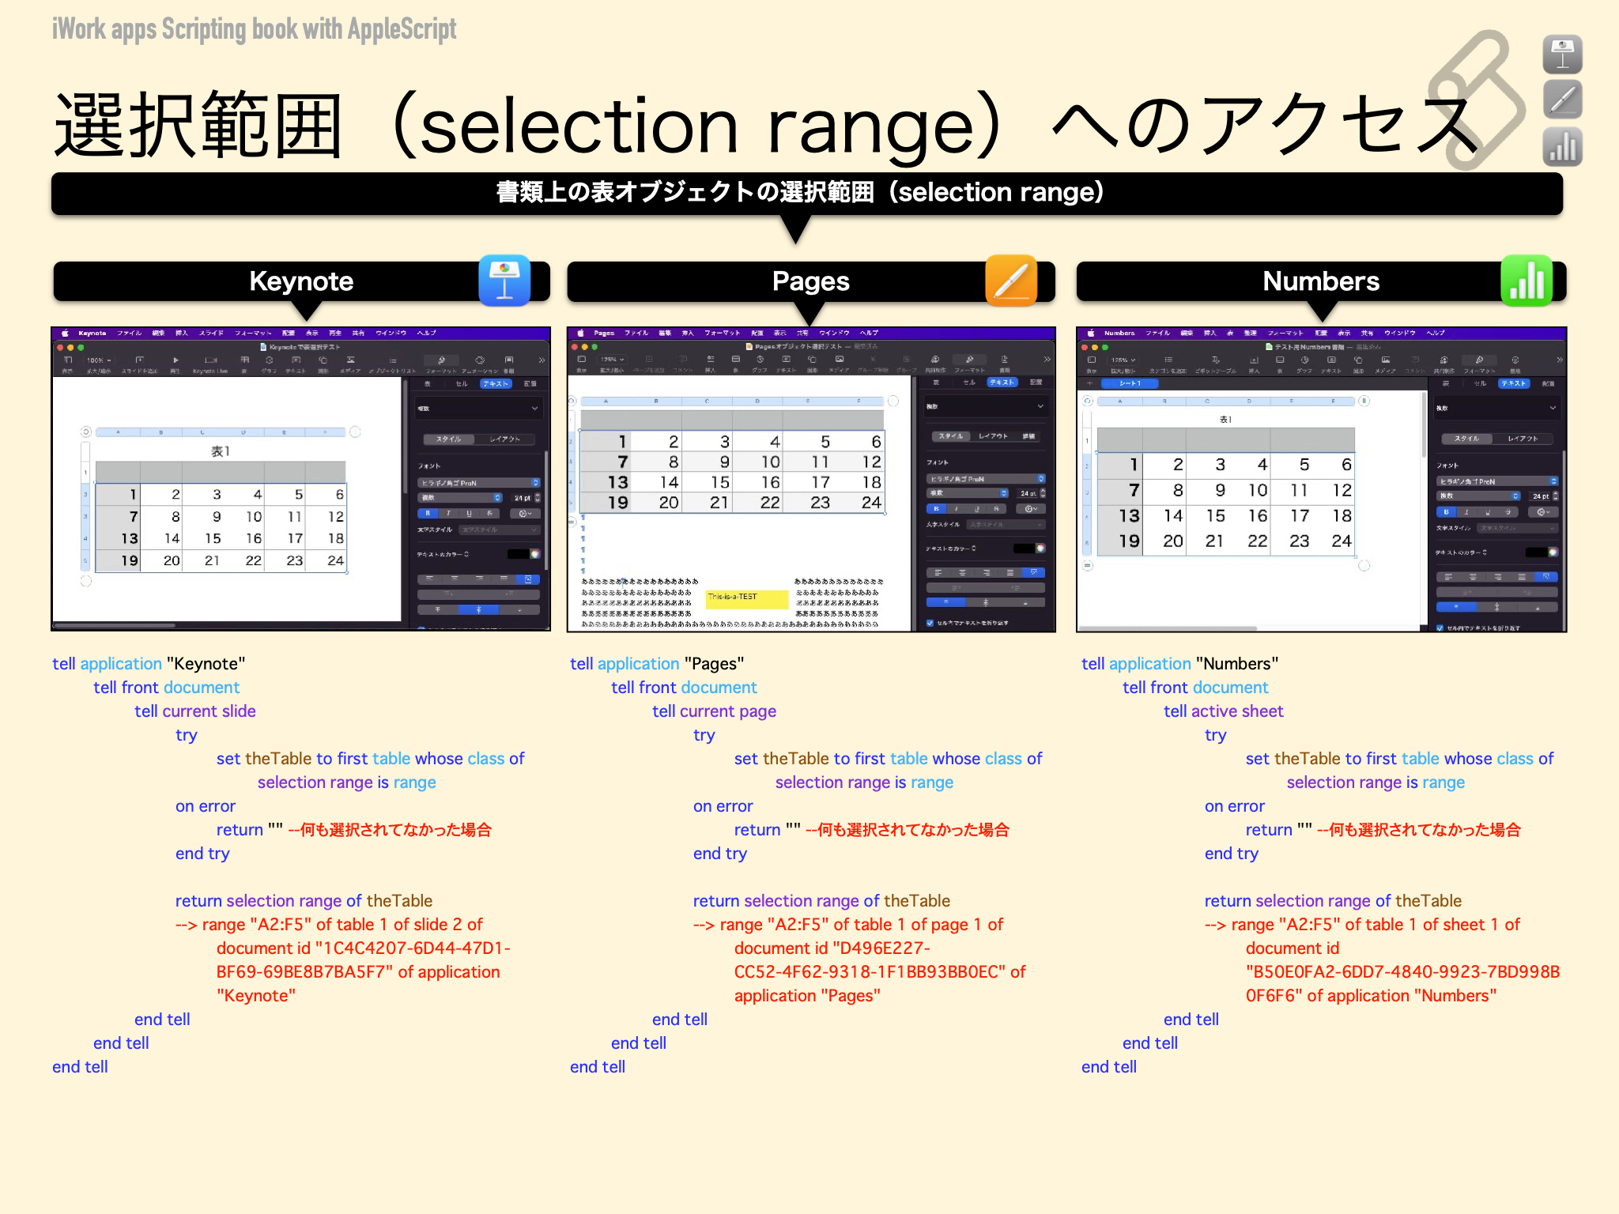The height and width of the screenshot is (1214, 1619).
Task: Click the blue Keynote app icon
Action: tap(504, 281)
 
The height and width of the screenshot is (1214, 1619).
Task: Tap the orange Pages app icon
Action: tap(1011, 281)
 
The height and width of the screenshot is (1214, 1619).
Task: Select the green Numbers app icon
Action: tap(1527, 281)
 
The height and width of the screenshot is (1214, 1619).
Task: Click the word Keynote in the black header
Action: tap(301, 281)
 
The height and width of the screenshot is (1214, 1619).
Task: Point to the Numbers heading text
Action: tap(1320, 281)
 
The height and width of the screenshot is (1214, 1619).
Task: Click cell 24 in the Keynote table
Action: tap(335, 560)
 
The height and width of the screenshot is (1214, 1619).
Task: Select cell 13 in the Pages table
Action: tap(617, 482)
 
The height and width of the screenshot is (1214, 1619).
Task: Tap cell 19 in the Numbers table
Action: tap(1129, 541)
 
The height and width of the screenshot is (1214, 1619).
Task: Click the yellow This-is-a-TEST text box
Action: tap(746, 598)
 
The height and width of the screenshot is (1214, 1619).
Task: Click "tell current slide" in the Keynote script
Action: tap(194, 711)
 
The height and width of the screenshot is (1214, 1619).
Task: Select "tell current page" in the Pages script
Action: tap(714, 711)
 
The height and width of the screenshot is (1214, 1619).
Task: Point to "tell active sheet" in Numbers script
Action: tap(1223, 711)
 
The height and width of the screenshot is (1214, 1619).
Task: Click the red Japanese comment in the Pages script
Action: tap(907, 830)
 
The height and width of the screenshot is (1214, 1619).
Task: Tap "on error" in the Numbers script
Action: tap(1234, 806)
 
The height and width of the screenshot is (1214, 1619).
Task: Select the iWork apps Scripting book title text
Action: tap(254, 29)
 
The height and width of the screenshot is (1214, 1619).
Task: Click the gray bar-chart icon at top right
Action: tap(1562, 147)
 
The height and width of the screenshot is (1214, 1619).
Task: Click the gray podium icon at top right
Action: tap(1562, 54)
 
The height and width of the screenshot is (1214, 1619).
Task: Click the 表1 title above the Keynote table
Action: tap(220, 451)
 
